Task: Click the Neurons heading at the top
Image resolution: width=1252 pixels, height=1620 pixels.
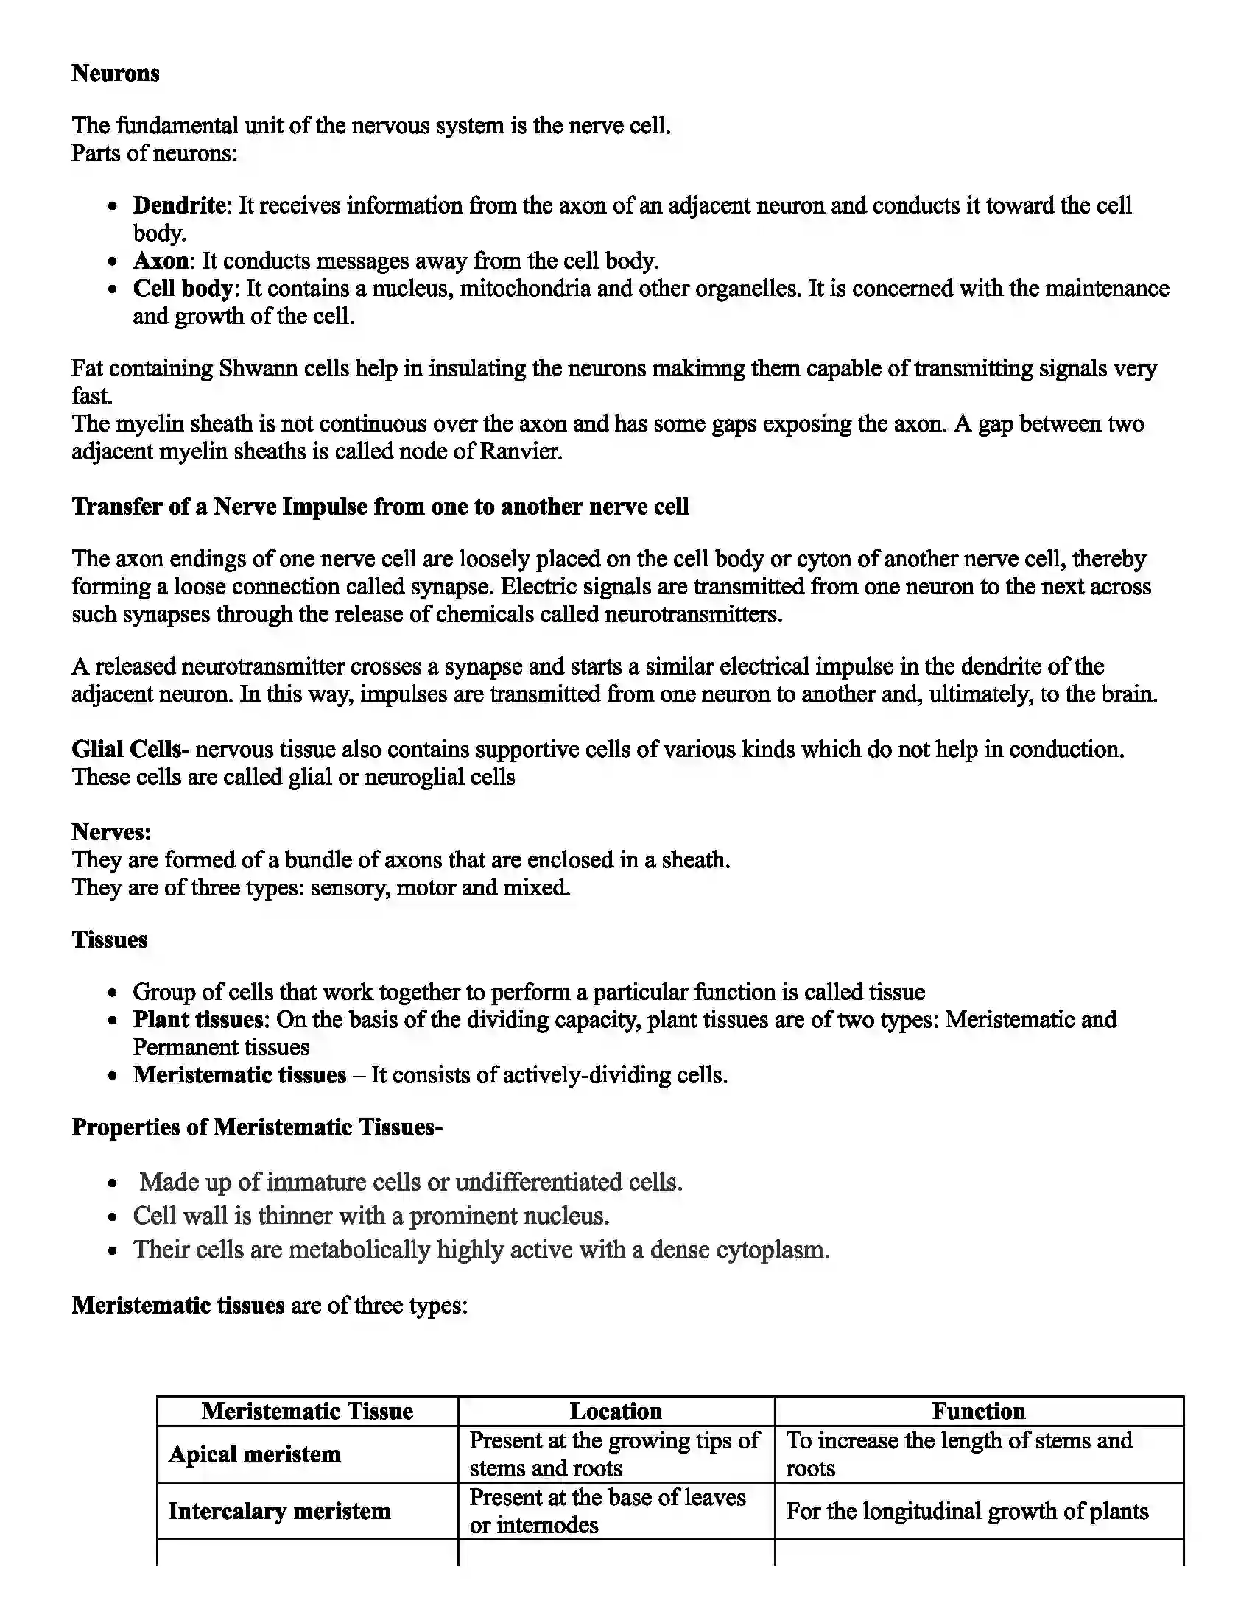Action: click(x=115, y=74)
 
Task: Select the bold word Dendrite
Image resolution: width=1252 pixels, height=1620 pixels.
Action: click(x=180, y=205)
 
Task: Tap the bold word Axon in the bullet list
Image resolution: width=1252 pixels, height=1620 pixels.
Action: click(x=161, y=261)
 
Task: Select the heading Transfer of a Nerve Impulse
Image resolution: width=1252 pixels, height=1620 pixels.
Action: click(x=380, y=507)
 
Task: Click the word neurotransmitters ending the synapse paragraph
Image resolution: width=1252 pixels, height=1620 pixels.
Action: click(x=692, y=615)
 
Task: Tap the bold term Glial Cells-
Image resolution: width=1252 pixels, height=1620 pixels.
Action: click(x=130, y=749)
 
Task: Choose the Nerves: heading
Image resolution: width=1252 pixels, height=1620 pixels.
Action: click(x=111, y=832)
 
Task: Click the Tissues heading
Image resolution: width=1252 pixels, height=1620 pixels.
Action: click(x=109, y=940)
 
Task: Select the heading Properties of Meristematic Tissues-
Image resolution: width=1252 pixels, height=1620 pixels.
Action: click(x=256, y=1127)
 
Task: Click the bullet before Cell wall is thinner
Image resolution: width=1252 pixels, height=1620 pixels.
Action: click(x=113, y=1218)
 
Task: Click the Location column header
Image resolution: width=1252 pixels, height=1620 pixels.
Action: click(x=616, y=1411)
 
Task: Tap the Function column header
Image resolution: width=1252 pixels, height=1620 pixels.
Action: click(x=978, y=1411)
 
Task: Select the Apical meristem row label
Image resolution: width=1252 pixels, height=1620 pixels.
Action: click(x=254, y=1454)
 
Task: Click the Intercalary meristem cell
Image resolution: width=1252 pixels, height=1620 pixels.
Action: click(x=279, y=1511)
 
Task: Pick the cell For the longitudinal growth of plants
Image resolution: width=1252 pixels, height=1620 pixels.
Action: click(x=966, y=1511)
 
